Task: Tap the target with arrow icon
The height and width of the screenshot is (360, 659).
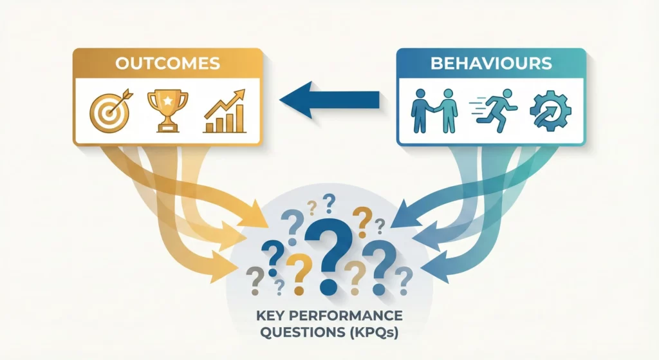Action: point(109,111)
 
